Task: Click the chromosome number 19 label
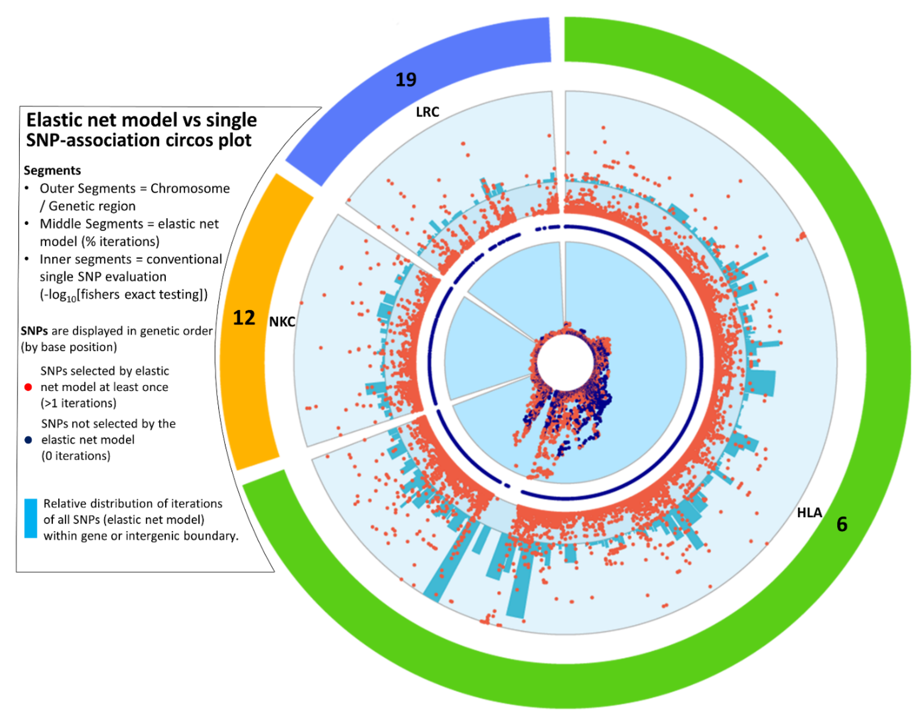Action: point(406,80)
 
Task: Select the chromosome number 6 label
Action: point(842,524)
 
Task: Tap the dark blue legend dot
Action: point(28,440)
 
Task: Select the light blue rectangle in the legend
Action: point(30,519)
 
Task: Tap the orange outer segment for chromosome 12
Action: point(249,379)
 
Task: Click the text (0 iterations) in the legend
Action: point(76,456)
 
